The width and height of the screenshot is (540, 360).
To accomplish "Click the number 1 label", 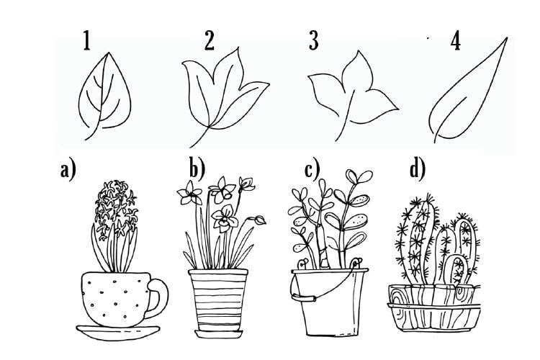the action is coord(87,40).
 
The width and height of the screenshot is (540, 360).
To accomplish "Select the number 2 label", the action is coord(210,40).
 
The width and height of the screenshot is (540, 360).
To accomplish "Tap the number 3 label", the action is coord(313,40).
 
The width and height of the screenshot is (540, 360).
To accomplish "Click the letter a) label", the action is coord(68,170).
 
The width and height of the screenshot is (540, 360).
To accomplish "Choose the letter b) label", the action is coord(197,168).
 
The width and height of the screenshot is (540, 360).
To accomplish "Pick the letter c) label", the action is coord(312,168).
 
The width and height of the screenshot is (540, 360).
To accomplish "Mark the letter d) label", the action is coord(418,168).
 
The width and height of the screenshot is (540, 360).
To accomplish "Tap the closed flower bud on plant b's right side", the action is coord(260,220).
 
